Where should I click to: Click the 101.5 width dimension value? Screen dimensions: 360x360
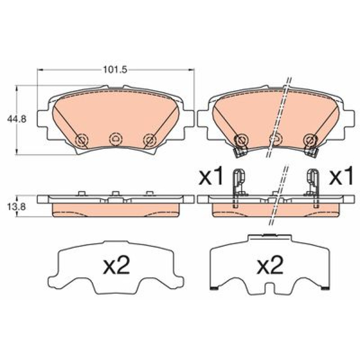coord(115,69)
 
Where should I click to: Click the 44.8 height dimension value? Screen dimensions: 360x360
coord(17,119)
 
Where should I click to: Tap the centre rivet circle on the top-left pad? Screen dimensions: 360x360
coord(116,139)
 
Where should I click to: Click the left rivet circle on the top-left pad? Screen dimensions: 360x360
coord(82,139)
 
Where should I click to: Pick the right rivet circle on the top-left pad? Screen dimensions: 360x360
coord(150,139)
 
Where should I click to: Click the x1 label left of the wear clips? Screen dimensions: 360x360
coord(211,176)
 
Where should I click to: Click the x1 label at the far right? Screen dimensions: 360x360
coord(341,176)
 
